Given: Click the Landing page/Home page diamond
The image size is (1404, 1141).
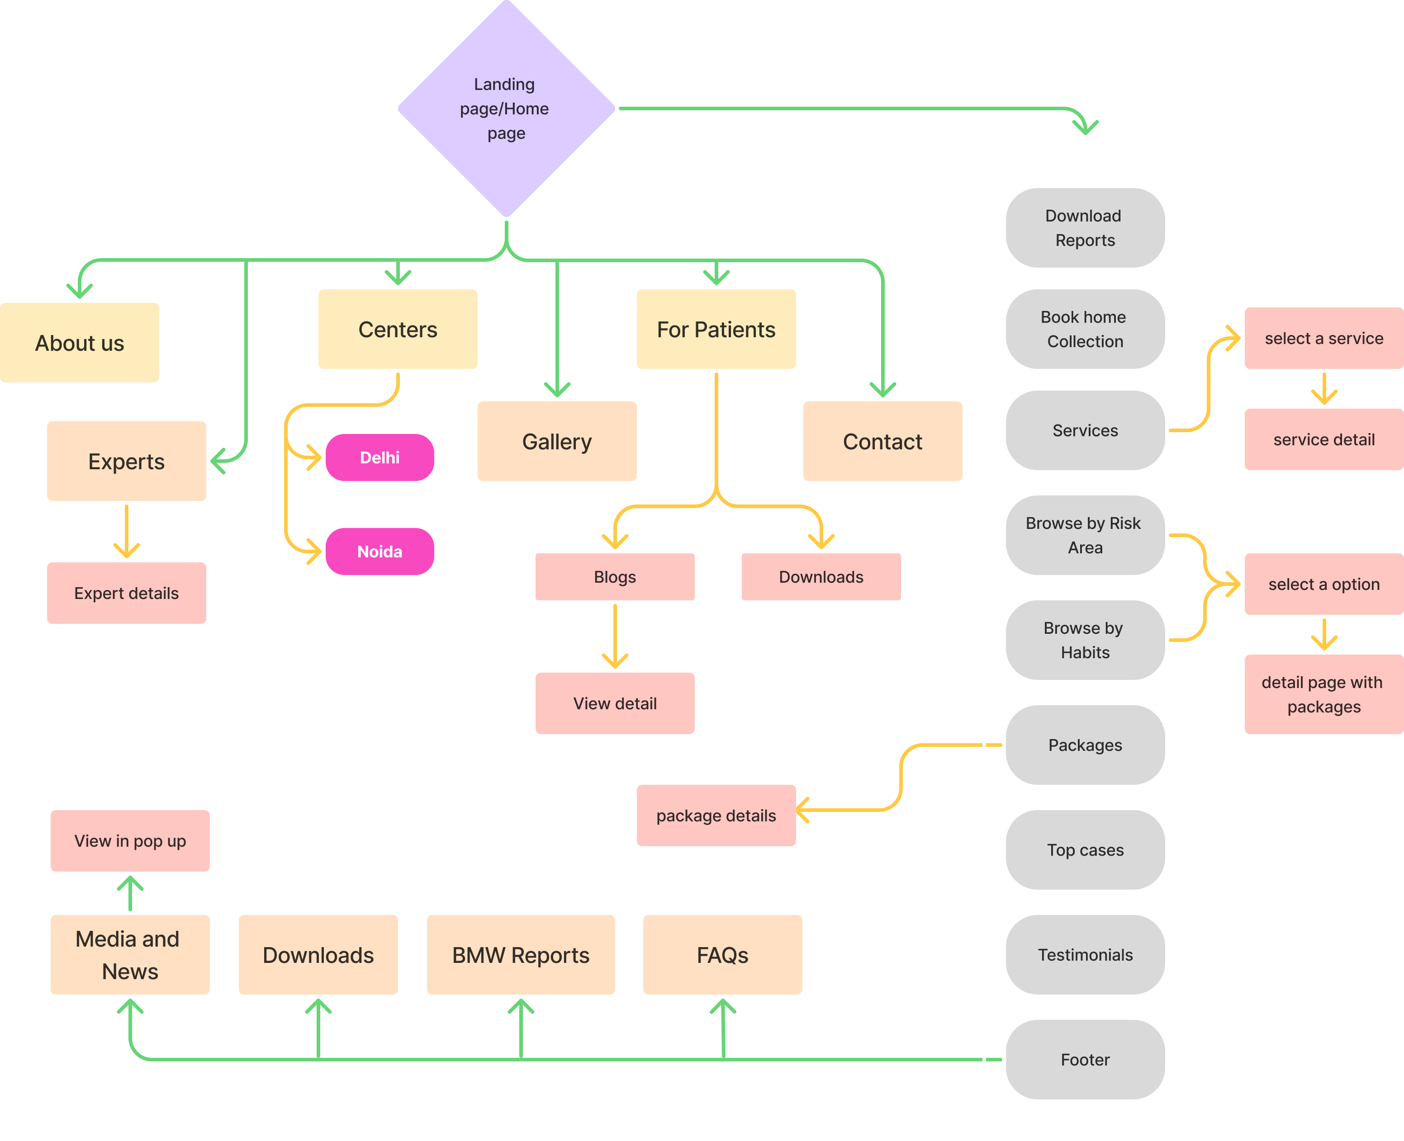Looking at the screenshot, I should [506, 108].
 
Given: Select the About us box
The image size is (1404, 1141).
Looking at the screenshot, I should [80, 342].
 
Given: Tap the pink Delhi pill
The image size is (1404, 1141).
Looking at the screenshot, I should [379, 457].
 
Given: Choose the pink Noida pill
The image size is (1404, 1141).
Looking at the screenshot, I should [379, 552].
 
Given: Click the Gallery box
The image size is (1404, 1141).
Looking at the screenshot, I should [556, 441].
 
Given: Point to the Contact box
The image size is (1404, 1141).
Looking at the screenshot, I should [882, 441].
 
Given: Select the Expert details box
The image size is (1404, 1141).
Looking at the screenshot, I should [126, 593].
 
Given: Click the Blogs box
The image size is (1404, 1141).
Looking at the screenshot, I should [614, 576].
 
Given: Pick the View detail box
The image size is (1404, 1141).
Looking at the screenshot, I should [614, 703].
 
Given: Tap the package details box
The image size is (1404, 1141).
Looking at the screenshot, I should [716, 815].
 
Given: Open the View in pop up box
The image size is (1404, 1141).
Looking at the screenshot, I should [130, 841].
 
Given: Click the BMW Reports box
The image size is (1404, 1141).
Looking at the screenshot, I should [520, 954].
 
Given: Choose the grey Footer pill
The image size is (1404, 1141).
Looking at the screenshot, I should [1085, 1060].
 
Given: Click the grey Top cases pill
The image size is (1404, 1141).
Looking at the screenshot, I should [1085, 850].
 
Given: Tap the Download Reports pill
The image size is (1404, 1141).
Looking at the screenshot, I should [1085, 227].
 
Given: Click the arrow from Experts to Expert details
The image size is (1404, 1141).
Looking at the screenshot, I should [126, 531].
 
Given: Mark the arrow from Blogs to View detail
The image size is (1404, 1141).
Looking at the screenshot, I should [614, 636].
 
